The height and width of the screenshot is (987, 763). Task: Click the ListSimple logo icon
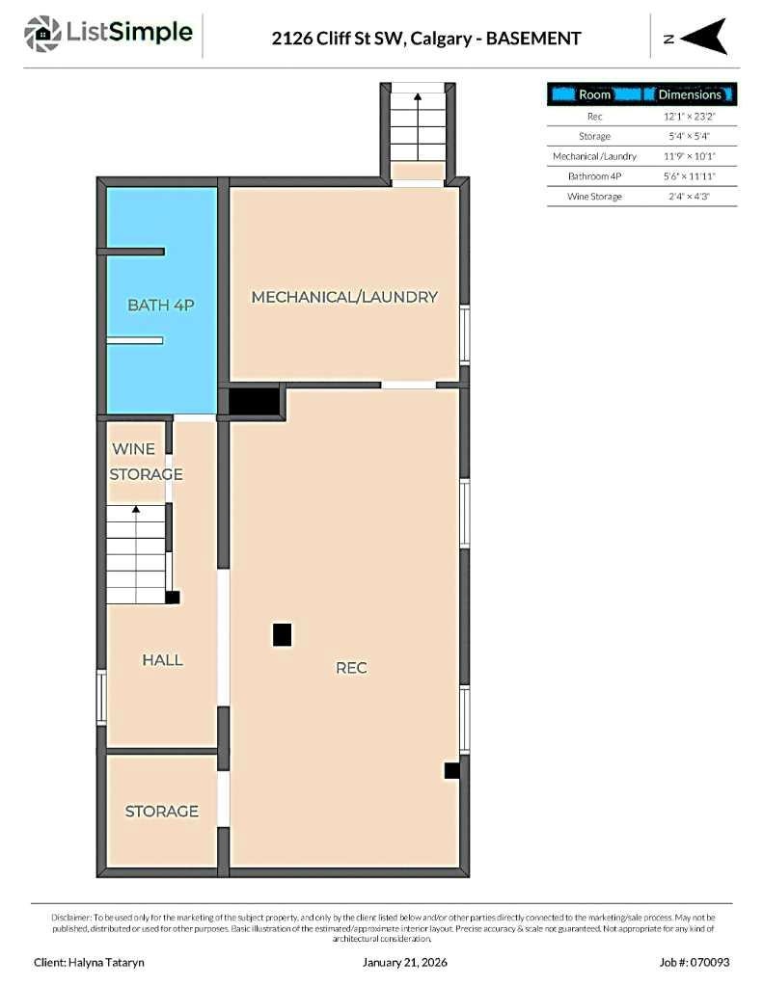(41, 34)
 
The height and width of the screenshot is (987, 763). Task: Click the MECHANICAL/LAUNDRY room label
(344, 297)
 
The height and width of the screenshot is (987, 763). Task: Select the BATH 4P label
(161, 306)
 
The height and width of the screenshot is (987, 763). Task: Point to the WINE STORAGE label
(146, 462)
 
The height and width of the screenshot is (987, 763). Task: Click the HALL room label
(162, 660)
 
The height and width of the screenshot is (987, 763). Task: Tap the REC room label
(351, 667)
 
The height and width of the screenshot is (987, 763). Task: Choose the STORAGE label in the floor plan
(161, 812)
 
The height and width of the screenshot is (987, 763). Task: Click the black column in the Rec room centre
(282, 634)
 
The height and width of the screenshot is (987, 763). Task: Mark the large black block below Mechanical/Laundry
(254, 401)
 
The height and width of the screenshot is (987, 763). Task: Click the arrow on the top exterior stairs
(418, 96)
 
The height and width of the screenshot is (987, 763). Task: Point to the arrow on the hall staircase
(136, 509)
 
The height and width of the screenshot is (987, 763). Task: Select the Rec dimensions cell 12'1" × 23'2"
(688, 116)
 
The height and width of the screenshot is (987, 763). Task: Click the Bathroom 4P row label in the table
(594, 176)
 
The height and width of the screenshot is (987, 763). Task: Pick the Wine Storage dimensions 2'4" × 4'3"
(688, 197)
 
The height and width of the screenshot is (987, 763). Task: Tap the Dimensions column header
(689, 94)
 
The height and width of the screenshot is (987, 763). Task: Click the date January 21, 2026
(405, 962)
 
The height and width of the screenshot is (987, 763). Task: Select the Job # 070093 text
(695, 962)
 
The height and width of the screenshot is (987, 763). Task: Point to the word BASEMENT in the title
(533, 39)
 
